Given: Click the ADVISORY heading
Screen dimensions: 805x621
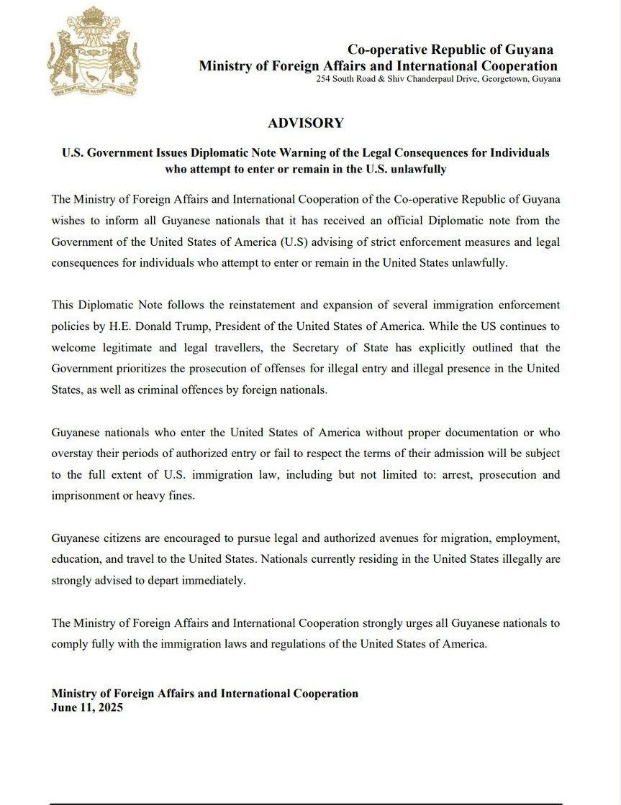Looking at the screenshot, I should [306, 123].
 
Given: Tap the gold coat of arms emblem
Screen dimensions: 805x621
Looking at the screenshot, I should [94, 52].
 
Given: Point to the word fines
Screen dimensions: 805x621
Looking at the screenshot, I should [180, 496].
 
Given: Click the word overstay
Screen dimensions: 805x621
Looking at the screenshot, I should [73, 454].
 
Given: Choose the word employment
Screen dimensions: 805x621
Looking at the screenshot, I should [527, 538].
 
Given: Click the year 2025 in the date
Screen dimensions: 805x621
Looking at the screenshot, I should [110, 707].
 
